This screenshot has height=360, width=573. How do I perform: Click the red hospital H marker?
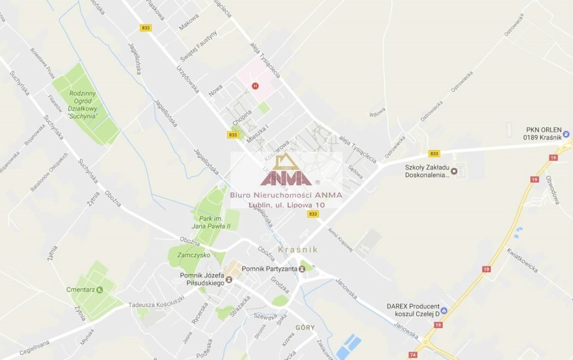pyautogui.click(x=256, y=86)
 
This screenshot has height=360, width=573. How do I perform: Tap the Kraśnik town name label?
pyautogui.click(x=298, y=249)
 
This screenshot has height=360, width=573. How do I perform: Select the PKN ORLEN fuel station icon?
pyautogui.click(x=566, y=134)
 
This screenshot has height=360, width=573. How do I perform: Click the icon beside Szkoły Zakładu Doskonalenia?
pyautogui.click(x=454, y=170)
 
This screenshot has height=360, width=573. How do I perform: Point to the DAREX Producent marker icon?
pyautogui.click(x=444, y=310)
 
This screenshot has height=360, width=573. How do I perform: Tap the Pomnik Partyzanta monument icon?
pyautogui.click(x=302, y=269)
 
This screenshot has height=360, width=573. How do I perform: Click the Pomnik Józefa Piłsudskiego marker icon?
pyautogui.click(x=229, y=279)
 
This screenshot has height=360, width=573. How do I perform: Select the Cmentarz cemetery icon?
pyautogui.click(x=100, y=289)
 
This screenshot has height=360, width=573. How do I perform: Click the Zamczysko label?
pyautogui.click(x=193, y=255)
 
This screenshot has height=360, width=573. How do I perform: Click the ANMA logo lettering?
pyautogui.click(x=286, y=178)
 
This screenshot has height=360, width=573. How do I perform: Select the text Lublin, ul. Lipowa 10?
pyautogui.click(x=286, y=205)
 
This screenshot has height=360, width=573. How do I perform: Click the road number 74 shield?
pyautogui.click(x=412, y=354)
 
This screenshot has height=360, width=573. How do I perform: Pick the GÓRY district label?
pyautogui.click(x=305, y=327)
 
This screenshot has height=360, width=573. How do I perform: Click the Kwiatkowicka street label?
pyautogui.click(x=523, y=260)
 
